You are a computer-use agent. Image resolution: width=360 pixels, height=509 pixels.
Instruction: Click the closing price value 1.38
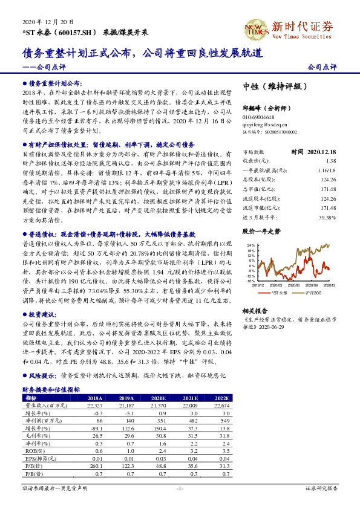pos(330,161)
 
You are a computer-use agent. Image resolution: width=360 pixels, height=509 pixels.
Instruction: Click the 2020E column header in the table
pos(159,398)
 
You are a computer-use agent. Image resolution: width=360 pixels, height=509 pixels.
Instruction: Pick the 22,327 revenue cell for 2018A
pos(92,405)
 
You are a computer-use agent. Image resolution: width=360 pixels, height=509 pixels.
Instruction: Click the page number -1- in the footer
pos(180,487)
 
